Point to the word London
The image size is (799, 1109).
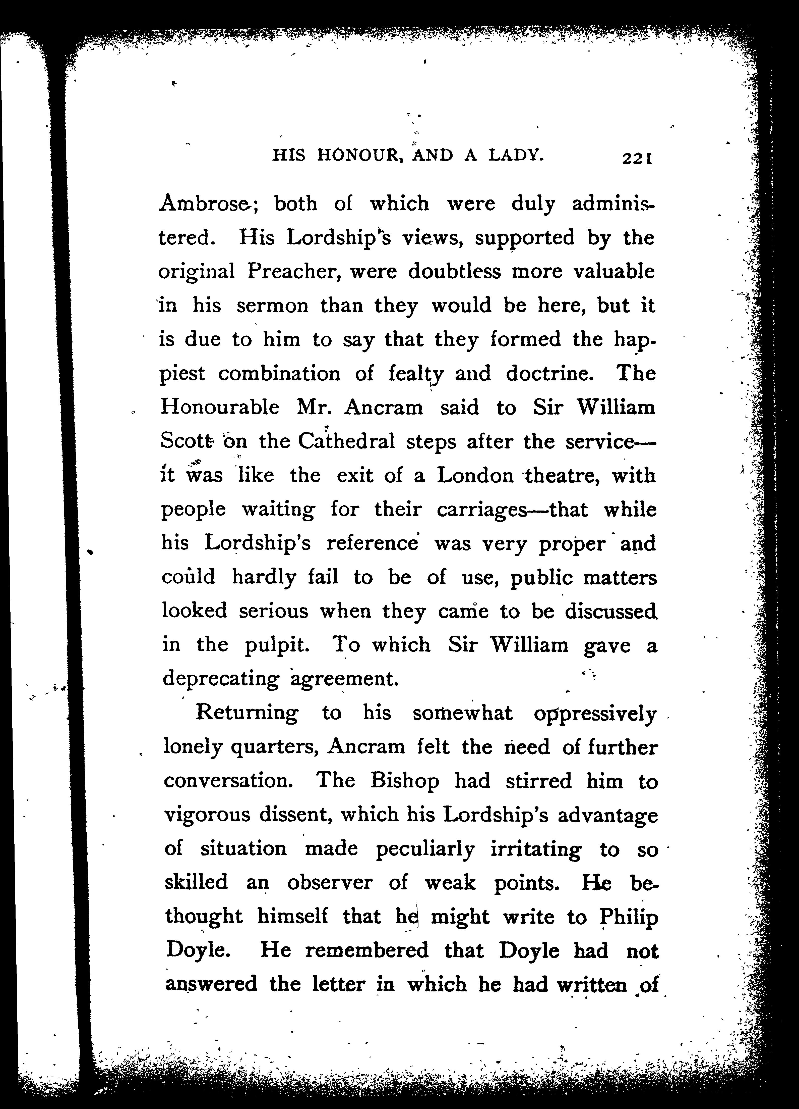(x=474, y=475)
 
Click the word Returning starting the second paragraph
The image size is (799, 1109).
(x=247, y=713)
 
